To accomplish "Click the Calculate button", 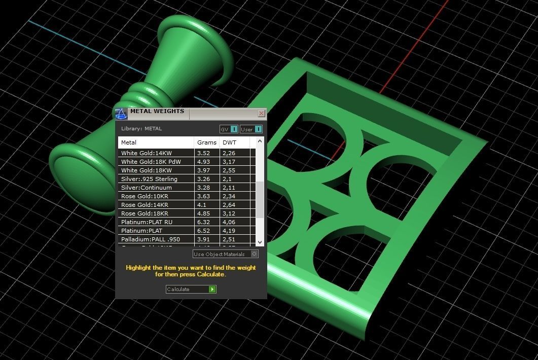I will (191, 289).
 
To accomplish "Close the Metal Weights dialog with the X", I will (261, 113).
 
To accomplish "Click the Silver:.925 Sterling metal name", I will (149, 179).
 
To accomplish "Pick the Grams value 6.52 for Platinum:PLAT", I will (204, 231).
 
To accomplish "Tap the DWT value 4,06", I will (229, 222).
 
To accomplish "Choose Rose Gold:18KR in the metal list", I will (145, 213).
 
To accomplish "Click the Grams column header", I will (207, 142).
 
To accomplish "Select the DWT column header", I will (230, 142).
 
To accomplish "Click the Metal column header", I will (129, 142).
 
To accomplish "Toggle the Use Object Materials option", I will (255, 254).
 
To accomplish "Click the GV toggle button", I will (229, 129).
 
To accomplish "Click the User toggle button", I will (252, 129).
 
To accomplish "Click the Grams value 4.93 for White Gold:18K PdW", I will (203, 162).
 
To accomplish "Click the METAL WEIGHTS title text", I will (157, 112).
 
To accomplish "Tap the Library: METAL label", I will (141, 129).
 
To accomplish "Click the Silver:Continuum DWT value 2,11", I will (229, 188).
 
